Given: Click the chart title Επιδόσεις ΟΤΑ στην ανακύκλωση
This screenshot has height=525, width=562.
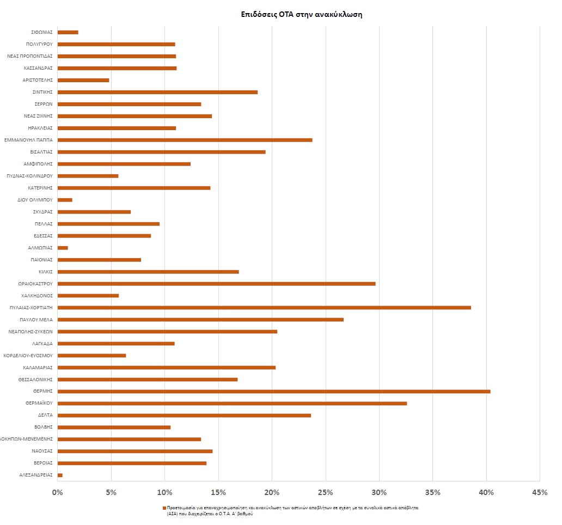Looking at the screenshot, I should (x=302, y=15).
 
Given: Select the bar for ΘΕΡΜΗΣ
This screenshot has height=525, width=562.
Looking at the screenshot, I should (x=274, y=391).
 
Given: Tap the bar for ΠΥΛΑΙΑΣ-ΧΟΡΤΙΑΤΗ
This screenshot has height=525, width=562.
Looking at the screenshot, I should (x=264, y=307).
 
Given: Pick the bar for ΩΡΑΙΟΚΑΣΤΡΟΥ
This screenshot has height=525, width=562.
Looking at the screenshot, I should (x=216, y=283).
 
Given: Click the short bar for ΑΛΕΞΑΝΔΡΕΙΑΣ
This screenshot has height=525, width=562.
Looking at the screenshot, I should (x=60, y=475).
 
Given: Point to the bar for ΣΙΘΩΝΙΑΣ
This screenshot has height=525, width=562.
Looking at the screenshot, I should (x=68, y=32).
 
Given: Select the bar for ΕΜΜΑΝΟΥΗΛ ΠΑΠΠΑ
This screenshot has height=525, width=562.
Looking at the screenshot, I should (x=185, y=139).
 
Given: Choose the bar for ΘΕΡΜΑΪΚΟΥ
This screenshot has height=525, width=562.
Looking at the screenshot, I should (x=232, y=403).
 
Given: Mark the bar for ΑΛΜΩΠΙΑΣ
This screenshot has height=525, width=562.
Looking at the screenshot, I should (x=63, y=247).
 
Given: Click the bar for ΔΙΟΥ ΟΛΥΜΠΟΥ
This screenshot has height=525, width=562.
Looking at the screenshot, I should (x=65, y=199).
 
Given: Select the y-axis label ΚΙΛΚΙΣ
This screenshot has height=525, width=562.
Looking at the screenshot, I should (x=45, y=272).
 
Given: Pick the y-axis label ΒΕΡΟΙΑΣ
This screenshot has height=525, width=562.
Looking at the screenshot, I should (x=43, y=463).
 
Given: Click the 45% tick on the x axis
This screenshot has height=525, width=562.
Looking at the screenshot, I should (x=539, y=492).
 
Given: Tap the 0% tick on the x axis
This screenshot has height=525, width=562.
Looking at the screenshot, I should (x=57, y=492).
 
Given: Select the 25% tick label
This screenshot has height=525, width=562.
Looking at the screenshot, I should (x=325, y=492).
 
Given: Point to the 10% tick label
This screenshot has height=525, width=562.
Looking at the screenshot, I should (x=164, y=492).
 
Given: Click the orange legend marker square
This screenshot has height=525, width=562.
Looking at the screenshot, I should (x=164, y=508).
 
